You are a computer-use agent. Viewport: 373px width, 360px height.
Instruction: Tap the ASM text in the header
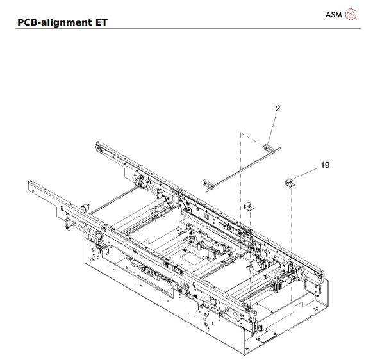coord(333,13)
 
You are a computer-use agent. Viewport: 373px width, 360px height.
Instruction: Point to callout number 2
coord(278,110)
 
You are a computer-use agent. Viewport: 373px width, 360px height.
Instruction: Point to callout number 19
coord(325,165)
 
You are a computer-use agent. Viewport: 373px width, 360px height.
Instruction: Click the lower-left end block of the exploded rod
coord(207,184)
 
